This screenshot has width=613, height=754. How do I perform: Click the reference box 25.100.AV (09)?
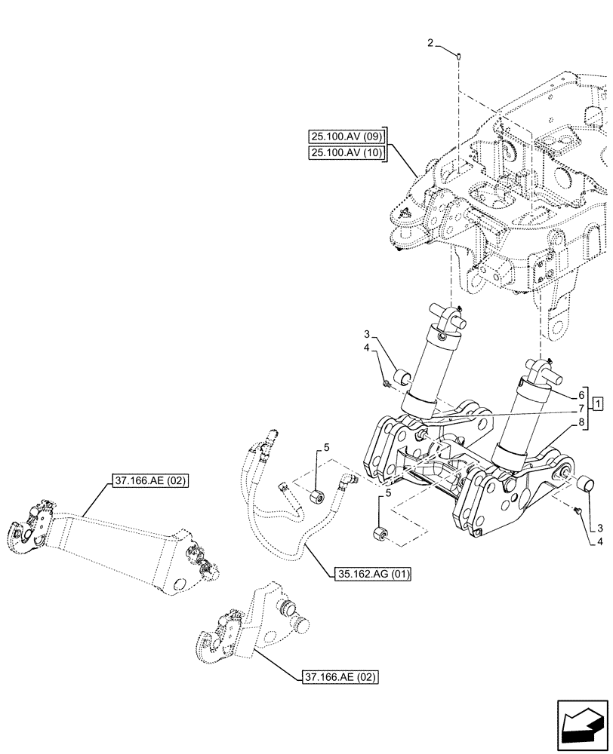point(347,136)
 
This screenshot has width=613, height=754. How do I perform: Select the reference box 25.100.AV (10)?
point(347,154)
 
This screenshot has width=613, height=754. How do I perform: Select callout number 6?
point(581,394)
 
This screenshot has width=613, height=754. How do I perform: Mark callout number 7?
point(581,408)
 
